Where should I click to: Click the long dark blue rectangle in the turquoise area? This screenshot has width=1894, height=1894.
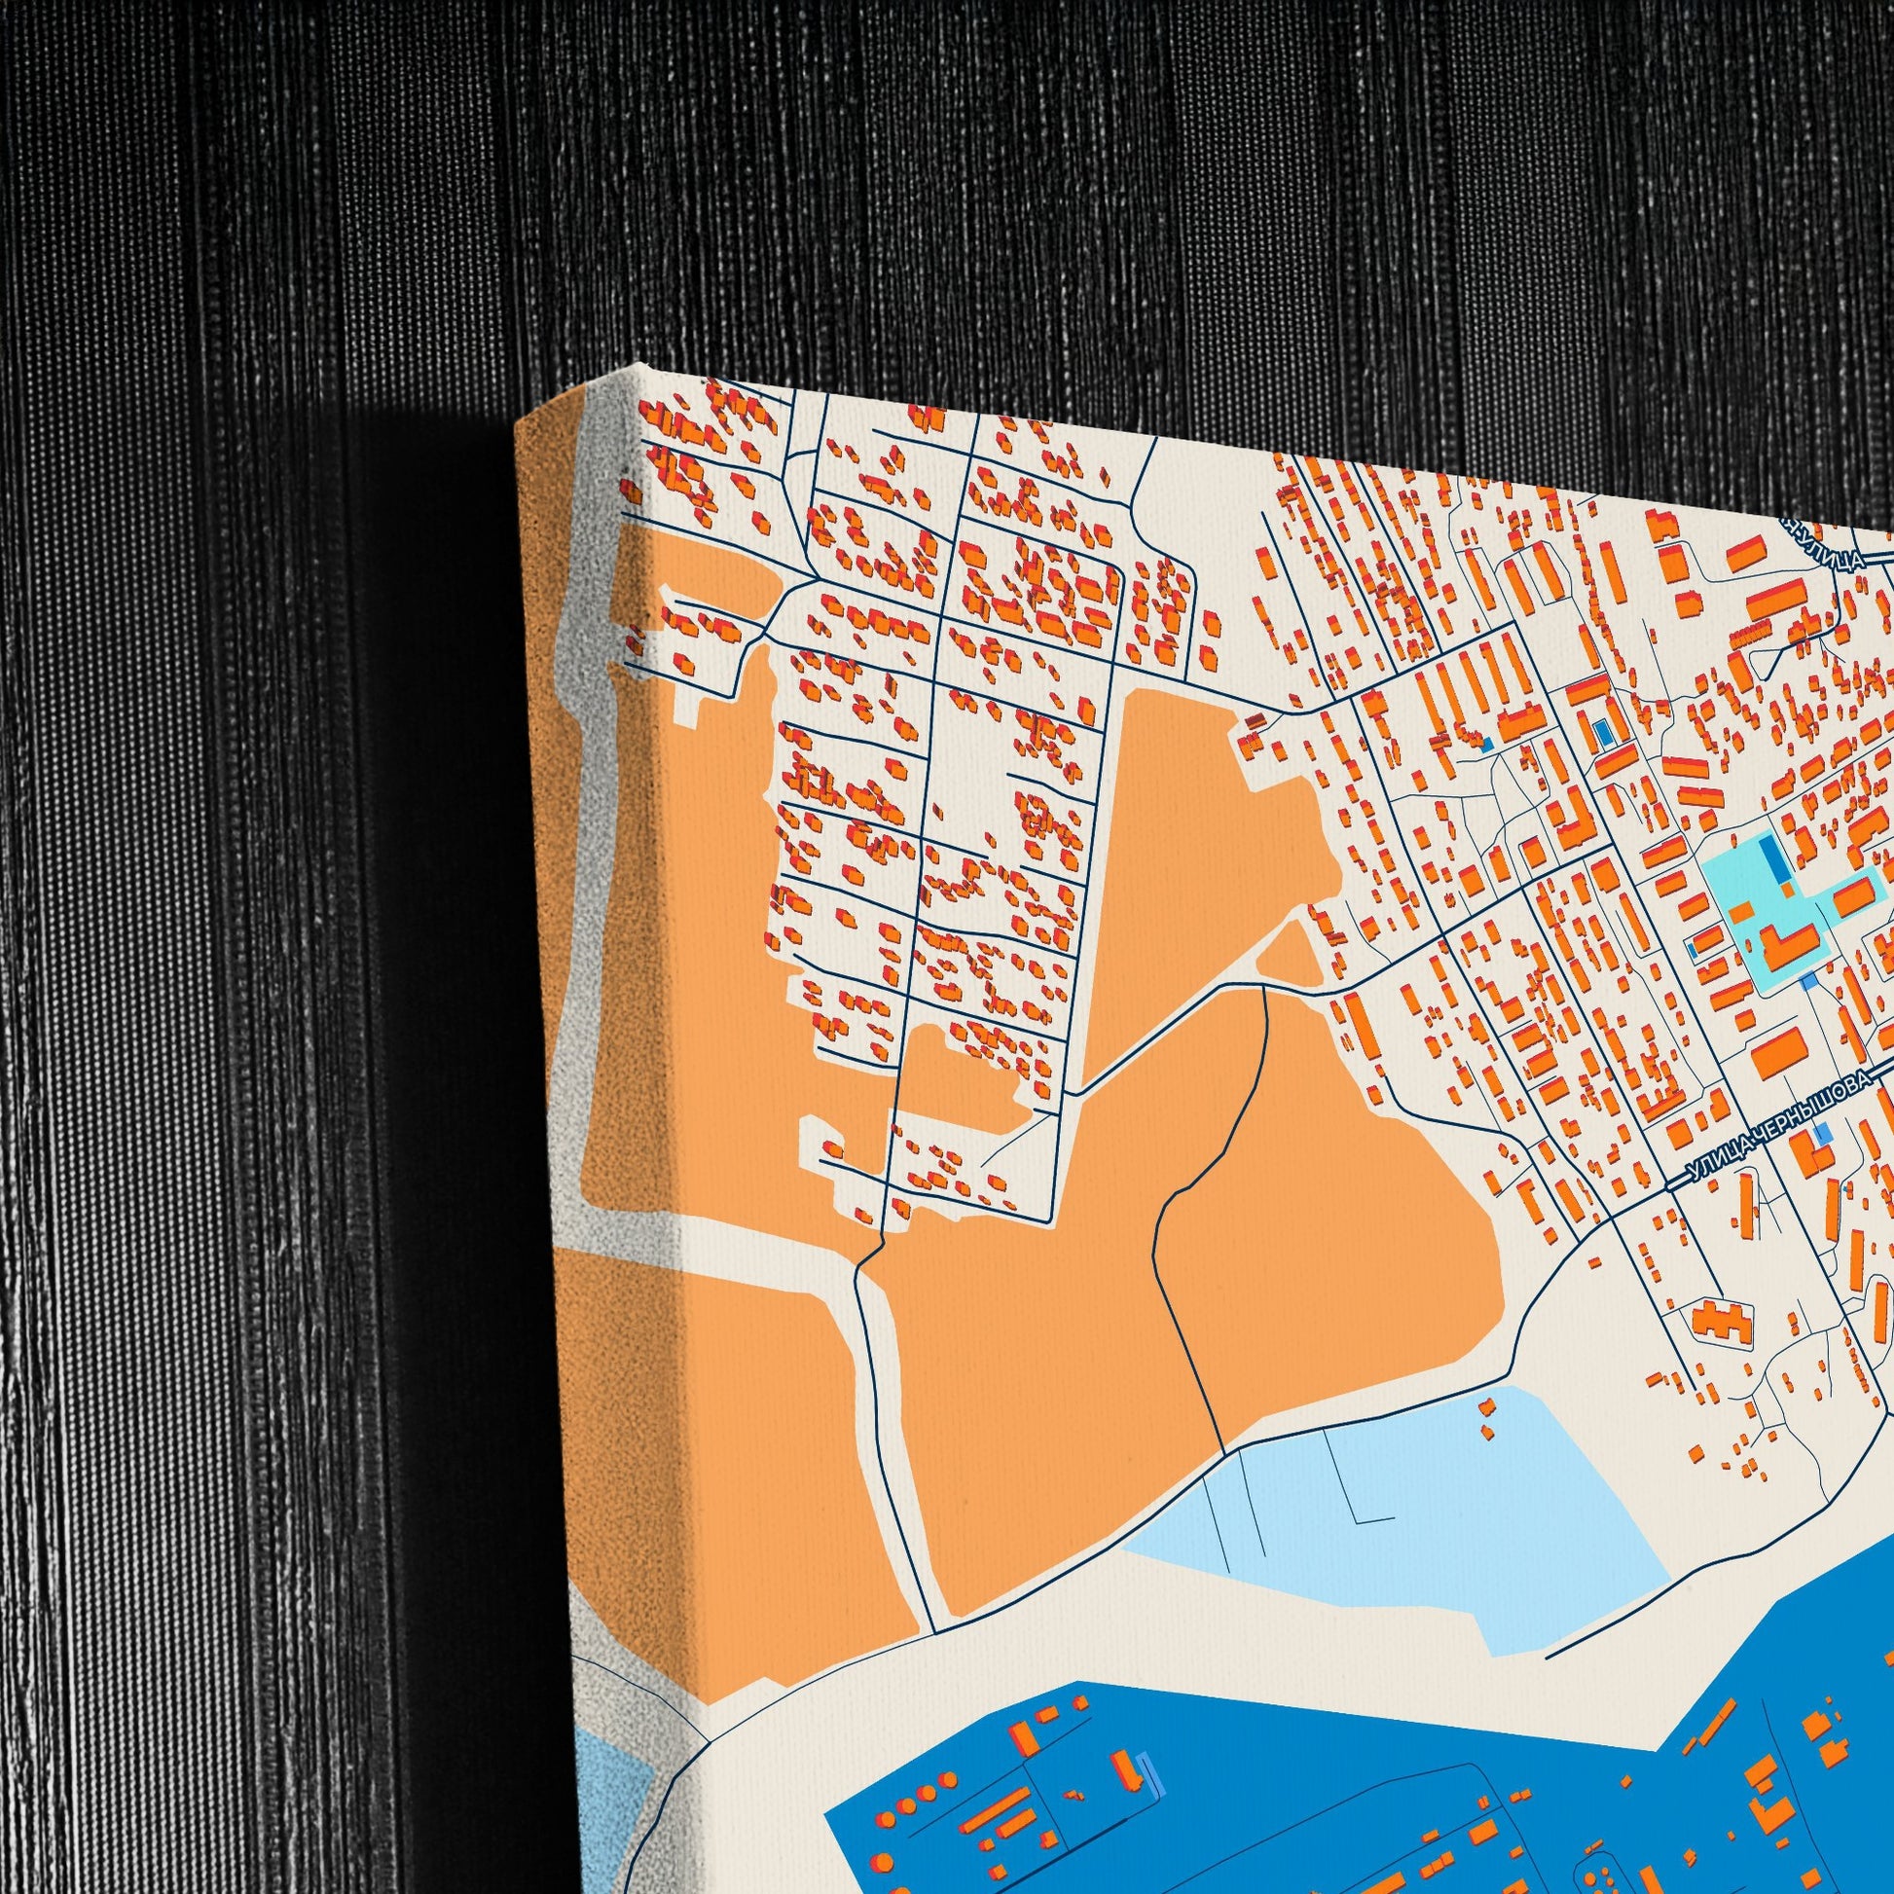(1773, 859)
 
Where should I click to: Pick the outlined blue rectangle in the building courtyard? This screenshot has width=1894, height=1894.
(1604, 731)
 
